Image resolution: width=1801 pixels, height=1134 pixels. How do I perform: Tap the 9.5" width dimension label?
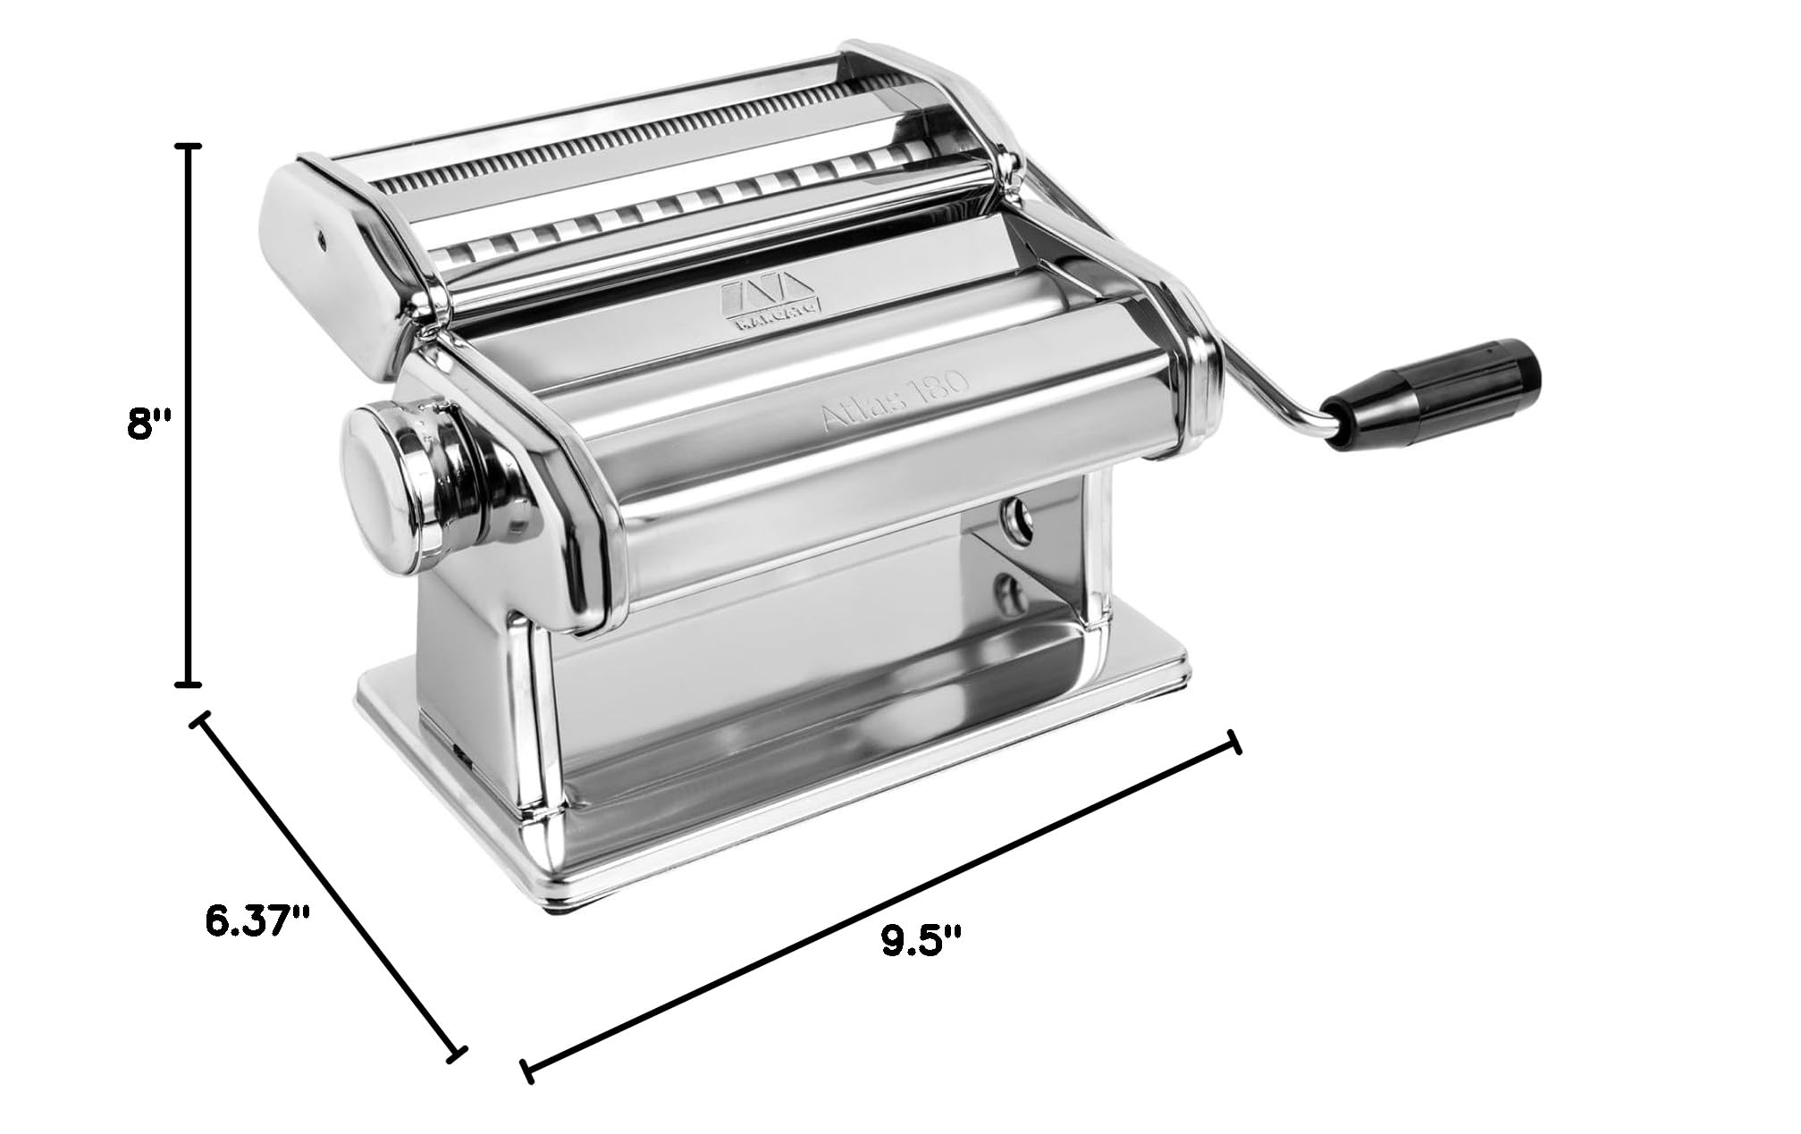pyautogui.click(x=921, y=942)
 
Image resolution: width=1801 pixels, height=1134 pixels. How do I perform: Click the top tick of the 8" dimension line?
pyautogui.click(x=187, y=145)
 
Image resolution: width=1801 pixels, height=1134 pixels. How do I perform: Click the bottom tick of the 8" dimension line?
pyautogui.click(x=187, y=685)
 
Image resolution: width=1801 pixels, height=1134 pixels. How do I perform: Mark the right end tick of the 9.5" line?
pyautogui.click(x=1235, y=741)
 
